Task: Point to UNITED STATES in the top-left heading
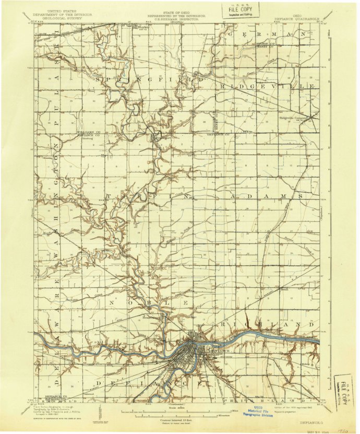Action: [x=61, y=10]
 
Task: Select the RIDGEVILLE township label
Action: [x=267, y=85]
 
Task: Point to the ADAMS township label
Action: [x=265, y=196]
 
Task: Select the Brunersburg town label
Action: [x=153, y=317]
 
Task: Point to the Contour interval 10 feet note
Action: [x=180, y=419]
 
